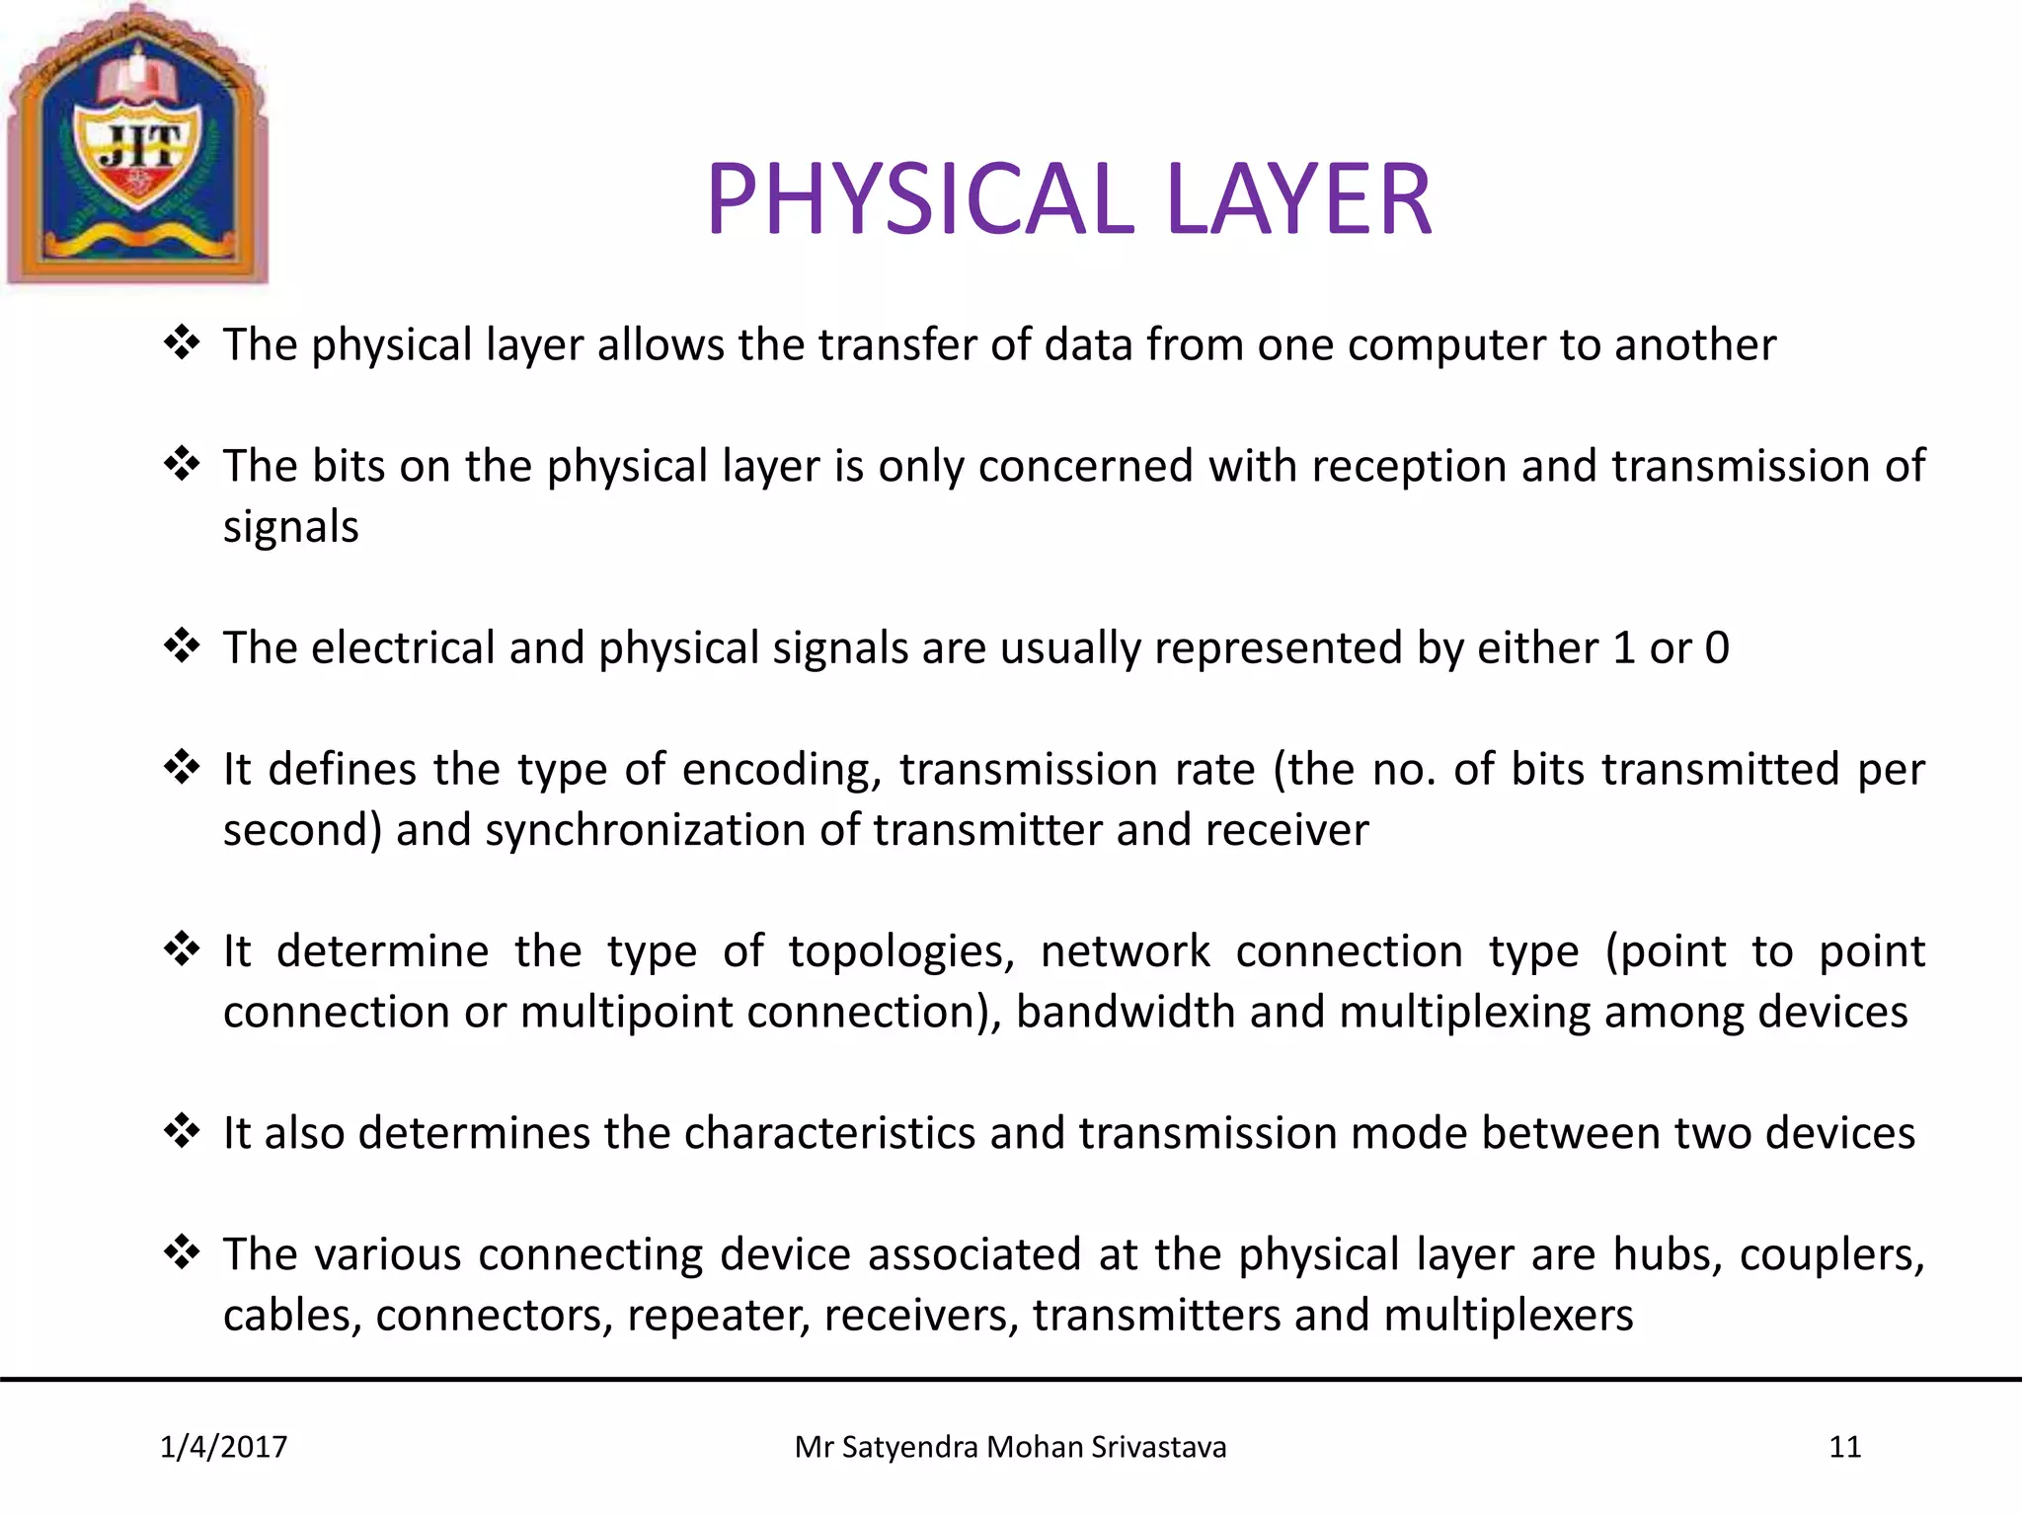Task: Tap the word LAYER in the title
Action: point(1298,199)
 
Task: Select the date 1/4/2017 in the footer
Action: point(223,1447)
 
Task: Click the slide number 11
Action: point(1844,1447)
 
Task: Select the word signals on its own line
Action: point(290,527)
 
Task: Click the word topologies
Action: point(901,952)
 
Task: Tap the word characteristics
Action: point(829,1134)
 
